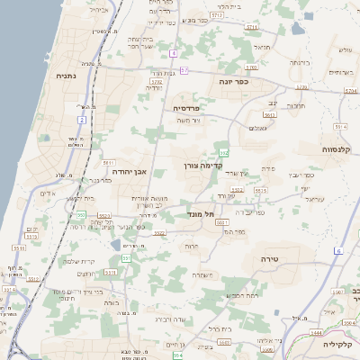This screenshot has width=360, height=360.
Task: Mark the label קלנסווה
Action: tap(340, 148)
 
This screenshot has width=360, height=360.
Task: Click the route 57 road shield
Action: tap(184, 69)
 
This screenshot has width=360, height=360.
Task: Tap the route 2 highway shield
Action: tap(81, 119)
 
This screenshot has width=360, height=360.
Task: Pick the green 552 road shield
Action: tap(223, 154)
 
